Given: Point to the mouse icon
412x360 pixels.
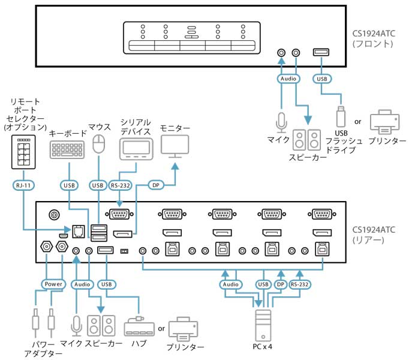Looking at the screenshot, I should [100, 144].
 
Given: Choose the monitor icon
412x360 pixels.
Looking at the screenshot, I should [175, 147].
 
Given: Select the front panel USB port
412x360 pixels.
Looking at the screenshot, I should [320, 52].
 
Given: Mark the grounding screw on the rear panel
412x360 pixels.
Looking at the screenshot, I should [55, 215].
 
